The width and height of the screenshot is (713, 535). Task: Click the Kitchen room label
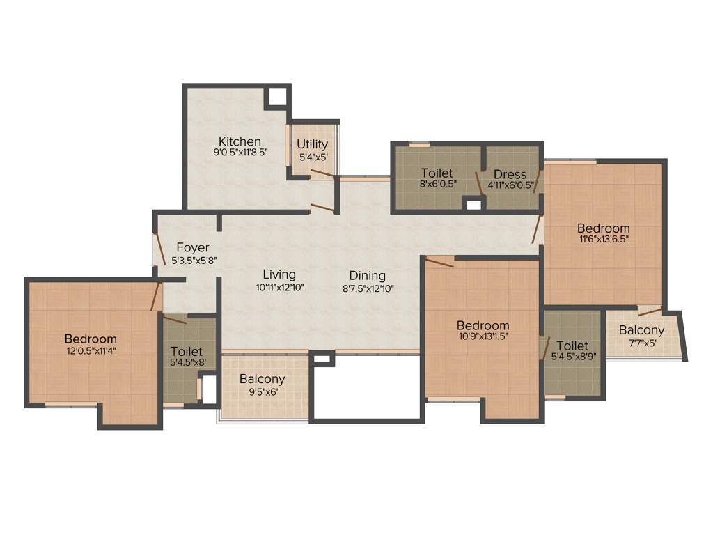(240, 141)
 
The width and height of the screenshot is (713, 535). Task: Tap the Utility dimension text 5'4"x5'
(312, 157)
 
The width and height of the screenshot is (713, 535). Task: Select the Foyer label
(192, 247)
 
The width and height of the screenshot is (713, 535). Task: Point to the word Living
(279, 274)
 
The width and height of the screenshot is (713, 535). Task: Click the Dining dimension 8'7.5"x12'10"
(368, 288)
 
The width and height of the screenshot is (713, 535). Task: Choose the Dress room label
(510, 174)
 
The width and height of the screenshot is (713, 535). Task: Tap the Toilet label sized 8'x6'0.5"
(437, 173)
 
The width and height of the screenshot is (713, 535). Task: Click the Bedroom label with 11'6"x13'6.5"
(603, 228)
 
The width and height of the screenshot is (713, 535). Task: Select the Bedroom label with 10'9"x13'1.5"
(483, 325)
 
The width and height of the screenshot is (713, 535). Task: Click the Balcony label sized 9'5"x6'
(262, 380)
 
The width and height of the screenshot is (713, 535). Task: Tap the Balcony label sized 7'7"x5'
(641, 330)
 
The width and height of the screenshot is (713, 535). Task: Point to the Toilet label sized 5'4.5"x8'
(186, 352)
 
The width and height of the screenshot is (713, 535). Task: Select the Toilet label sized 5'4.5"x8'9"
(572, 346)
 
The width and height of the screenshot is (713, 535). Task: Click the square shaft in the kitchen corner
(276, 97)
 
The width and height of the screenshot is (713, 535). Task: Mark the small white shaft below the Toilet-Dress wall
(473, 204)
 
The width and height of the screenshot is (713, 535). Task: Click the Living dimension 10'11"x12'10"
(279, 287)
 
